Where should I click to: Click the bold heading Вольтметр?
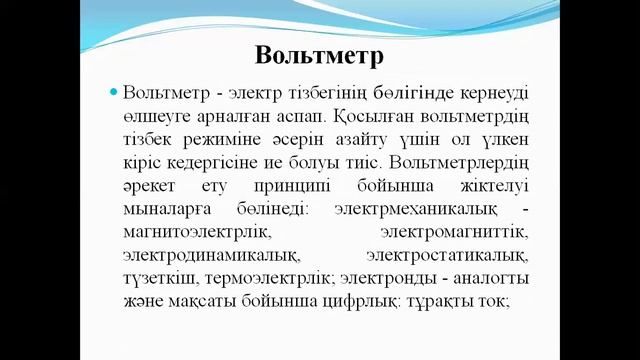point(320,52)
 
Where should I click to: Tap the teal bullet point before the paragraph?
point(114,92)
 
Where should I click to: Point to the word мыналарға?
point(164,210)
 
